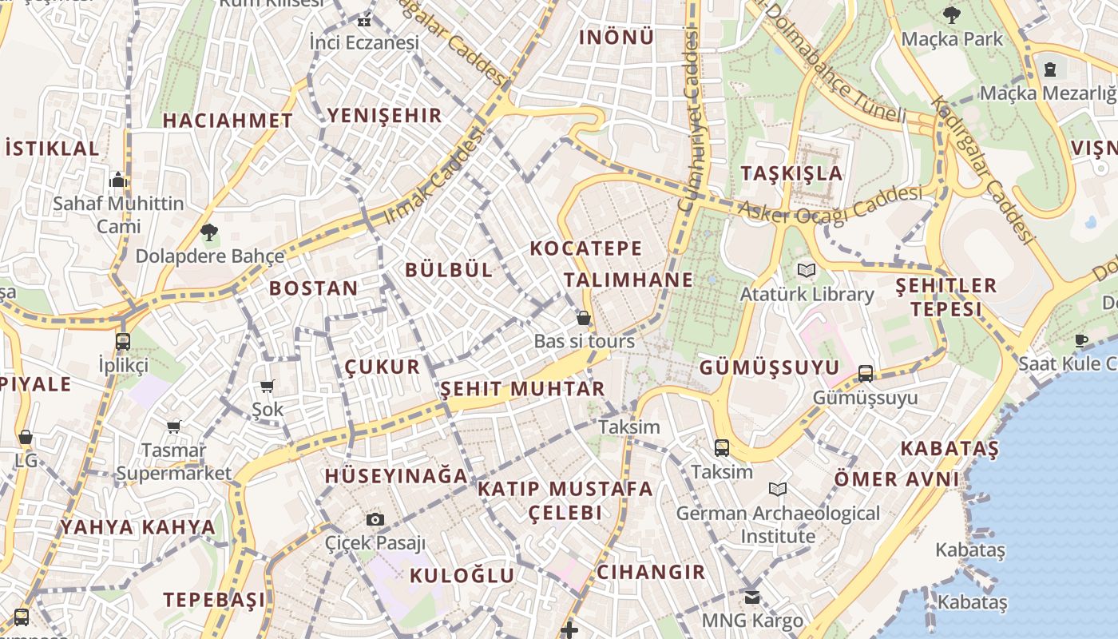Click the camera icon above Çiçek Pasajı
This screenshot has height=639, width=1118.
[375, 520]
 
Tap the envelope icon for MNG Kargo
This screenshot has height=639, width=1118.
[752, 597]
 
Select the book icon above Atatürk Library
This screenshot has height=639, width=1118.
[807, 271]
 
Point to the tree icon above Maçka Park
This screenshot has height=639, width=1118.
[951, 14]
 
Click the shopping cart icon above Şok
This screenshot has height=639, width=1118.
[268, 386]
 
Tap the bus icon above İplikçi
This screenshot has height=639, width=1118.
[123, 342]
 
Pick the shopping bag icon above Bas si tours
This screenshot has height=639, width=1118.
[584, 318]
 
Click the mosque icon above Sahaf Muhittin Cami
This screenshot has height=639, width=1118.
[118, 180]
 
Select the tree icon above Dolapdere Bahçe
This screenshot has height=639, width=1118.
[209, 232]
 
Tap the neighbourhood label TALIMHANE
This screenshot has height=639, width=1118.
[628, 280]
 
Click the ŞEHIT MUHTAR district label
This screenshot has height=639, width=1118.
[523, 389]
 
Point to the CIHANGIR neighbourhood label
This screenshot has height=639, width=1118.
[651, 572]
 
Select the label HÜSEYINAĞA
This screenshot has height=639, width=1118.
[396, 476]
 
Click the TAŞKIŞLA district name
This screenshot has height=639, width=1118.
[791, 173]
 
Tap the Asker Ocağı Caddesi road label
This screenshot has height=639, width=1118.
[831, 204]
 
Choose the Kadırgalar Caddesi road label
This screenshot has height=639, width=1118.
[981, 170]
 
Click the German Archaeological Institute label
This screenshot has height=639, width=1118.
[778, 524]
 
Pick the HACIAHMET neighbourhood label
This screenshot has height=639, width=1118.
[228, 121]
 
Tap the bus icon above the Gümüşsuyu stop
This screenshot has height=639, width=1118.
[866, 373]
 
